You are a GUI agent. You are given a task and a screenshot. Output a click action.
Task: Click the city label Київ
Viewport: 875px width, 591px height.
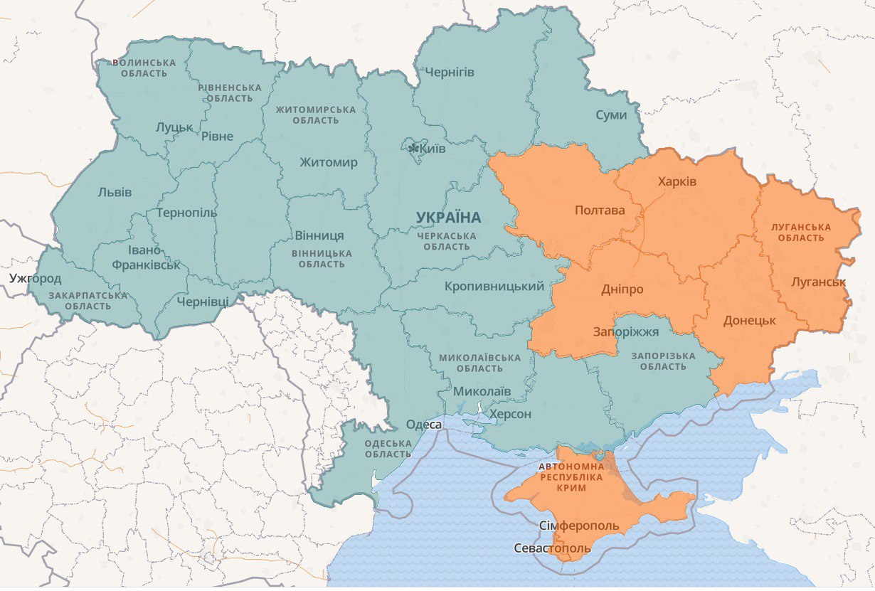point(433,149)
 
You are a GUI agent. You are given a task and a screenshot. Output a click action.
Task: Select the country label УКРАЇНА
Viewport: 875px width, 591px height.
point(449,217)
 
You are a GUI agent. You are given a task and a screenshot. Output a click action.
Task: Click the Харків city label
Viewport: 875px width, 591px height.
point(677,181)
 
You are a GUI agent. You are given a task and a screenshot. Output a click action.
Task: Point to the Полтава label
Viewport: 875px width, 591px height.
point(599,211)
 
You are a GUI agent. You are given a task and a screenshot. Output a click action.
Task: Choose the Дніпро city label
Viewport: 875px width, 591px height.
point(622,289)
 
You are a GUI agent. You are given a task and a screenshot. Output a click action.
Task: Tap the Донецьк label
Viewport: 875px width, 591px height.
point(749,320)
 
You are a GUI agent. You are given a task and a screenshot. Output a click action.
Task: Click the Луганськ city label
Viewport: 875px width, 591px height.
point(818,282)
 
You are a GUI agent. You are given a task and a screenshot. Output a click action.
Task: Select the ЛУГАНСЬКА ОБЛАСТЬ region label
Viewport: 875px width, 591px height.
point(801,232)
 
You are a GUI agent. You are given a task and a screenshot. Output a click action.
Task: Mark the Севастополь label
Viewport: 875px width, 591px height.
point(553,549)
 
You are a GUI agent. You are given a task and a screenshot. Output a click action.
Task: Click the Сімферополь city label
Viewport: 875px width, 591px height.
point(579,526)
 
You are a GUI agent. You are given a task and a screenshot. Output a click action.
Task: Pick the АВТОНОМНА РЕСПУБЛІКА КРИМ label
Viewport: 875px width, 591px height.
point(572,478)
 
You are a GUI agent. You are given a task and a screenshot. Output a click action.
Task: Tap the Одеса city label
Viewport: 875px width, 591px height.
point(424,425)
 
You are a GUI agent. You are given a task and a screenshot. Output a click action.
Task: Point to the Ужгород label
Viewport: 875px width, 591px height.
point(36,278)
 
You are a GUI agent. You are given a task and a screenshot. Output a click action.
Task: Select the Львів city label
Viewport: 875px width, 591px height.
point(115,192)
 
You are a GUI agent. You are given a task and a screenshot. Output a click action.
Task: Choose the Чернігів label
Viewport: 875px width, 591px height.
point(450,72)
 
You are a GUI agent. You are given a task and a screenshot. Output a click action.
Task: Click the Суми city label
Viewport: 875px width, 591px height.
point(611,115)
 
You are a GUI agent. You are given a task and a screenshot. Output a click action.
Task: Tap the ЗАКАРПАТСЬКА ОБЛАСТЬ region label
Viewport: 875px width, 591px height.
point(88,300)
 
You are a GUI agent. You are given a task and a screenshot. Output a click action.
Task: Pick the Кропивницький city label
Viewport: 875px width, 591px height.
point(494,286)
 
